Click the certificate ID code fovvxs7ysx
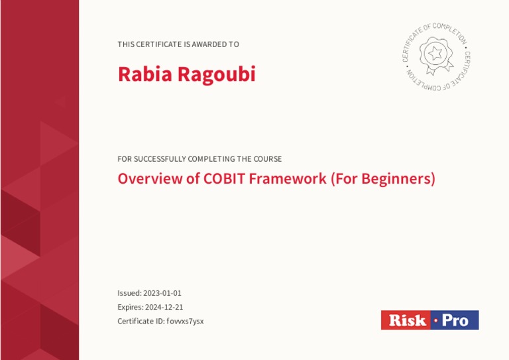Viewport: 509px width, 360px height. (x=185, y=322)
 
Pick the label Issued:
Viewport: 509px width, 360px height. (x=129, y=293)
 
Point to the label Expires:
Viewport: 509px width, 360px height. (x=131, y=307)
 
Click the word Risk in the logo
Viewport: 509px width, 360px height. (x=407, y=321)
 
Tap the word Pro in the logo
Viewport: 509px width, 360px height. (x=455, y=321)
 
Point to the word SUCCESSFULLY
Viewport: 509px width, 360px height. (x=159, y=159)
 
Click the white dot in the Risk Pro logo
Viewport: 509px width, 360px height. (x=435, y=321)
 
